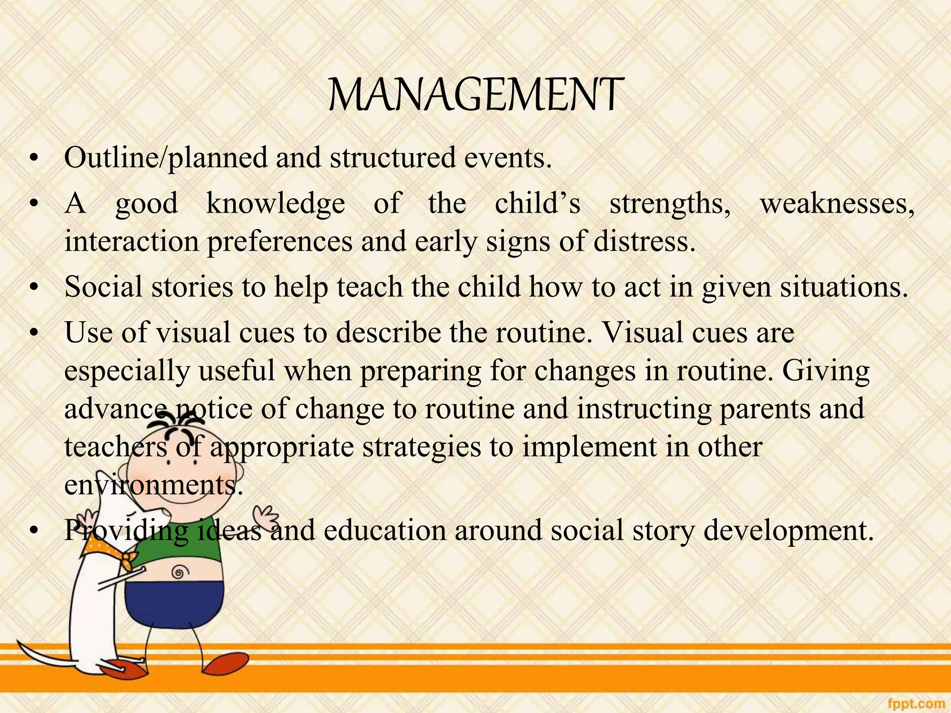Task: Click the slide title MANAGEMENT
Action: pyautogui.click(x=475, y=95)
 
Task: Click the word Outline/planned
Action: pyautogui.click(x=166, y=158)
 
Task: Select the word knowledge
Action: pyautogui.click(x=275, y=203)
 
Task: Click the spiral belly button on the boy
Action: pyautogui.click(x=178, y=572)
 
